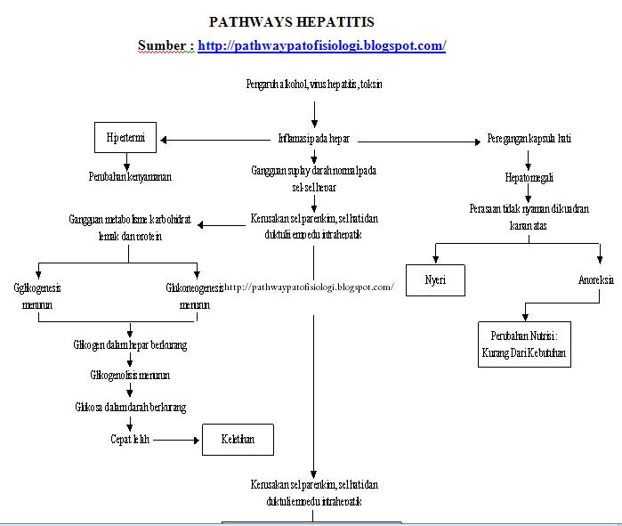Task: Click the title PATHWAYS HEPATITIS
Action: tap(291, 21)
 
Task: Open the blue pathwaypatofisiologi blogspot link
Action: tap(321, 45)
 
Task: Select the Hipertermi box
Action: tap(125, 139)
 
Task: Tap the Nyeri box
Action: tap(435, 280)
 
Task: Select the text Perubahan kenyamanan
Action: tap(130, 176)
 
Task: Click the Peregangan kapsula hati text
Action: tap(529, 139)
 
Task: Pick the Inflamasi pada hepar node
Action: tap(313, 139)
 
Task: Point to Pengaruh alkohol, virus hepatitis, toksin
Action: tap(314, 85)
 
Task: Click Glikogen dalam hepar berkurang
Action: tap(130, 344)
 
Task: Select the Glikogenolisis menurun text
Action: tap(130, 376)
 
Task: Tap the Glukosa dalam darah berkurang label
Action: tap(130, 407)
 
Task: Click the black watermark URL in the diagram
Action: tap(308, 287)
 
